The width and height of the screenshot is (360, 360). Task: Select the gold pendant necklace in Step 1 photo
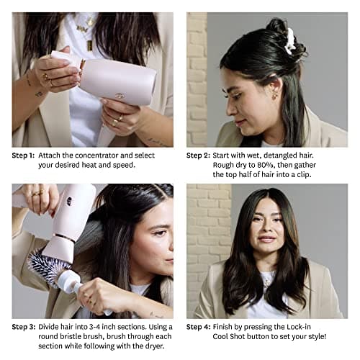coord(89,45)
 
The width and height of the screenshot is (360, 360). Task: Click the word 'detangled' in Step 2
coord(287,155)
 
